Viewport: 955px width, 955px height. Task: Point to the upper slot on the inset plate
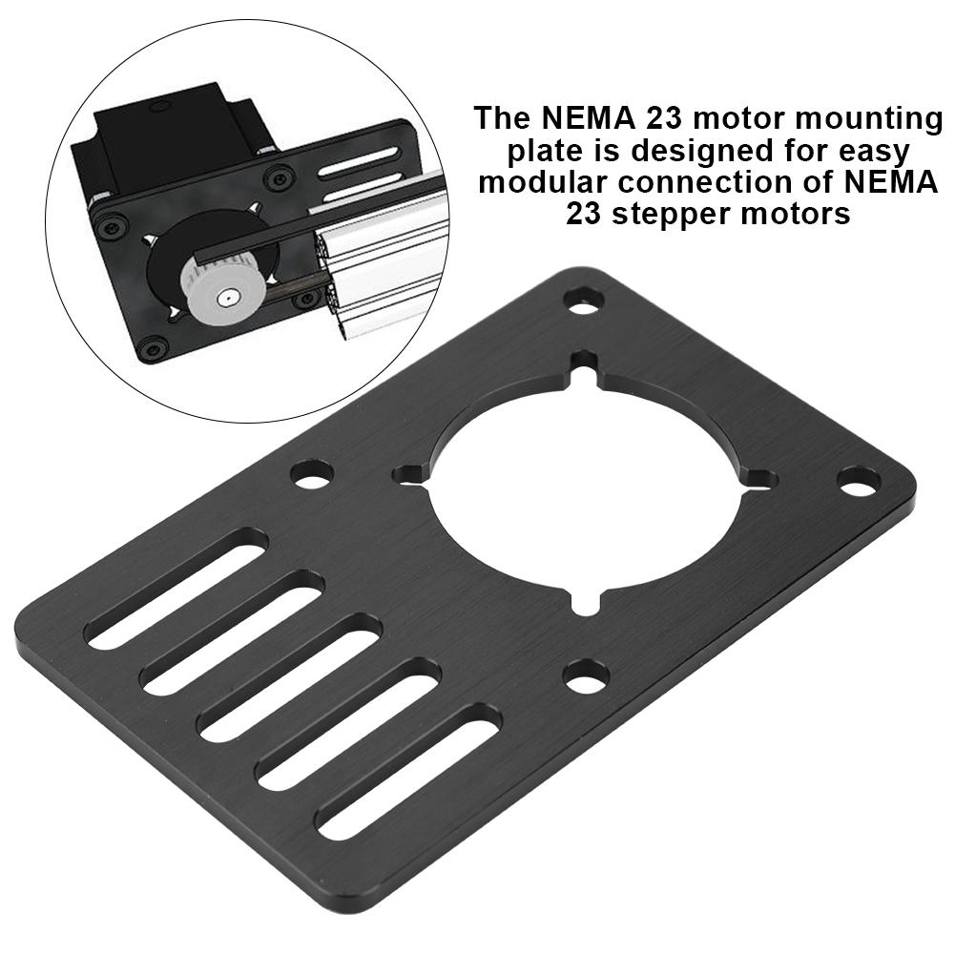[358, 156]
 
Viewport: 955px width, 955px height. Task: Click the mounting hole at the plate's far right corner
[857, 481]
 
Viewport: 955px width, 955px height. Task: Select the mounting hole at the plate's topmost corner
[583, 300]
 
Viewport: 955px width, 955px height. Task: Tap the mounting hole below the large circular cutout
[585, 675]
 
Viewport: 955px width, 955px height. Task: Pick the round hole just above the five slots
[312, 474]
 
